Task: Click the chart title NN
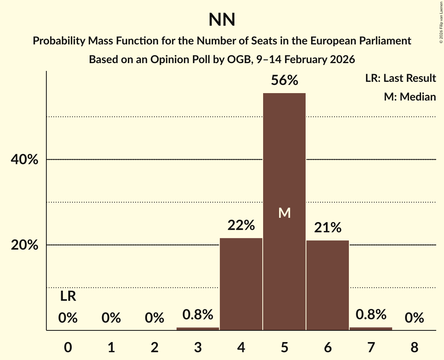click(222, 20)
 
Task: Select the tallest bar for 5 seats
click(284, 156)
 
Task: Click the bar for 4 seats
click(241, 284)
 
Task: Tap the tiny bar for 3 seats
click(198, 328)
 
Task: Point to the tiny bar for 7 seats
click(371, 328)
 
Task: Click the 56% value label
click(285, 81)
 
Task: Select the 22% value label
click(241, 225)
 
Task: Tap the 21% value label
click(327, 228)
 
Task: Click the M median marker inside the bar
click(285, 213)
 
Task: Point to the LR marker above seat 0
click(68, 297)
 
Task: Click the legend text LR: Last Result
click(400, 78)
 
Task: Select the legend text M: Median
click(410, 97)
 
